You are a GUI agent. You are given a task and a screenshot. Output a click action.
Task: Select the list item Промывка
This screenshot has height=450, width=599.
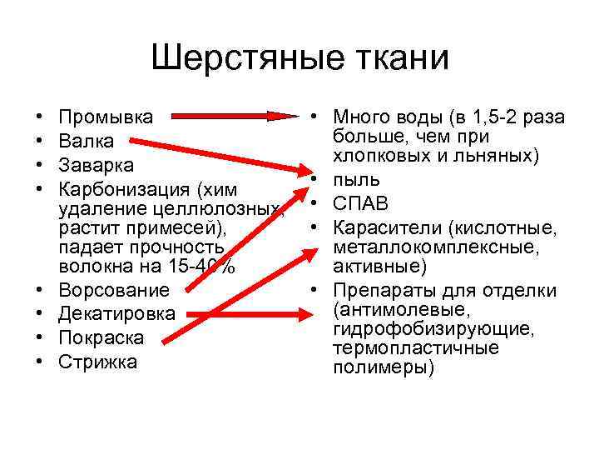pos(106,117)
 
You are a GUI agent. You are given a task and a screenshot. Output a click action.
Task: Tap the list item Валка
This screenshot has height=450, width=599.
pos(86,142)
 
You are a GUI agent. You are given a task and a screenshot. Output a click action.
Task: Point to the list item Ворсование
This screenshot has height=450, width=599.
pos(113,290)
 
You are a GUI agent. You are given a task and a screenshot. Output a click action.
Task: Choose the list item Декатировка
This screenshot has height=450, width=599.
pos(117,314)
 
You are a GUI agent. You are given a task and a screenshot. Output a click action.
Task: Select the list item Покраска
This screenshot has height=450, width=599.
pos(101,338)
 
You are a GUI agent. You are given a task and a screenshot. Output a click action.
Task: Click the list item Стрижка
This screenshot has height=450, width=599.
pos(98,362)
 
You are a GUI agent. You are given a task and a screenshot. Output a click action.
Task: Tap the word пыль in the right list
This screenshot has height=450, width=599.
pos(357,179)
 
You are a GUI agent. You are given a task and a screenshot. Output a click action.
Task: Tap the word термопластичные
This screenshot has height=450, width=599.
pos(416,348)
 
